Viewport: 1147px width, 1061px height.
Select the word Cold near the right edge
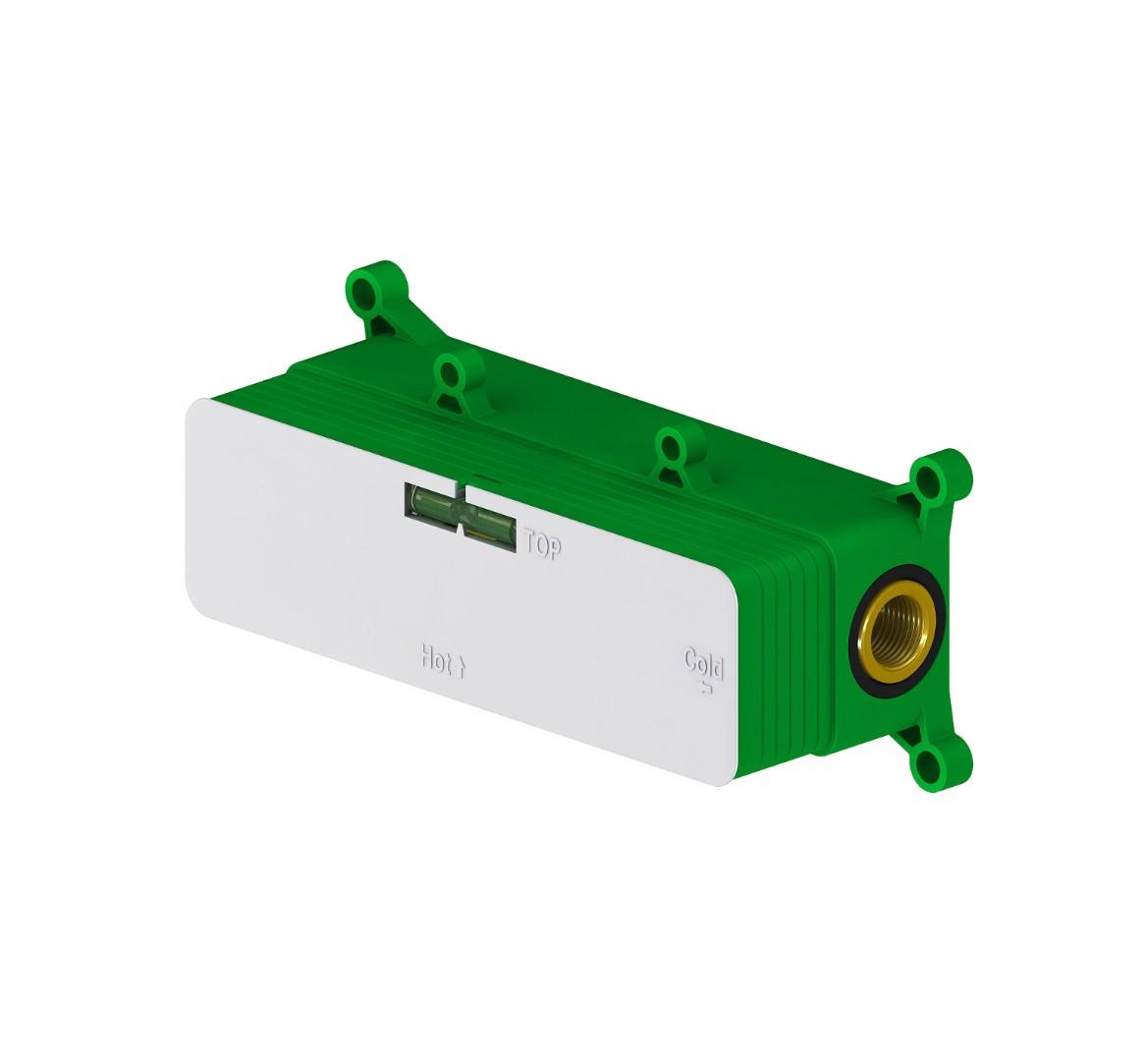pyautogui.click(x=704, y=664)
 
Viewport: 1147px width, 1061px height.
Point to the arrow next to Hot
pyautogui.click(x=462, y=667)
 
